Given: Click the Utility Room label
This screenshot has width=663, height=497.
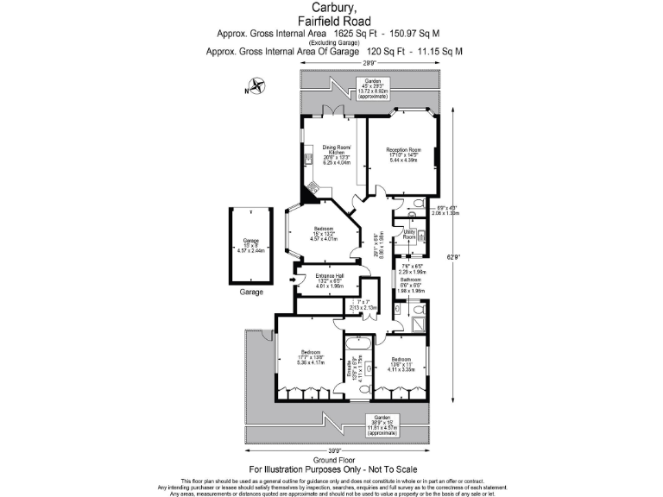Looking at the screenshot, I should [409, 234].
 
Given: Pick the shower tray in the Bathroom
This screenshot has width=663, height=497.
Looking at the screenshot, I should [418, 324].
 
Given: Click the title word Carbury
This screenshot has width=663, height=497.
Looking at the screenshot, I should [334, 9].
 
